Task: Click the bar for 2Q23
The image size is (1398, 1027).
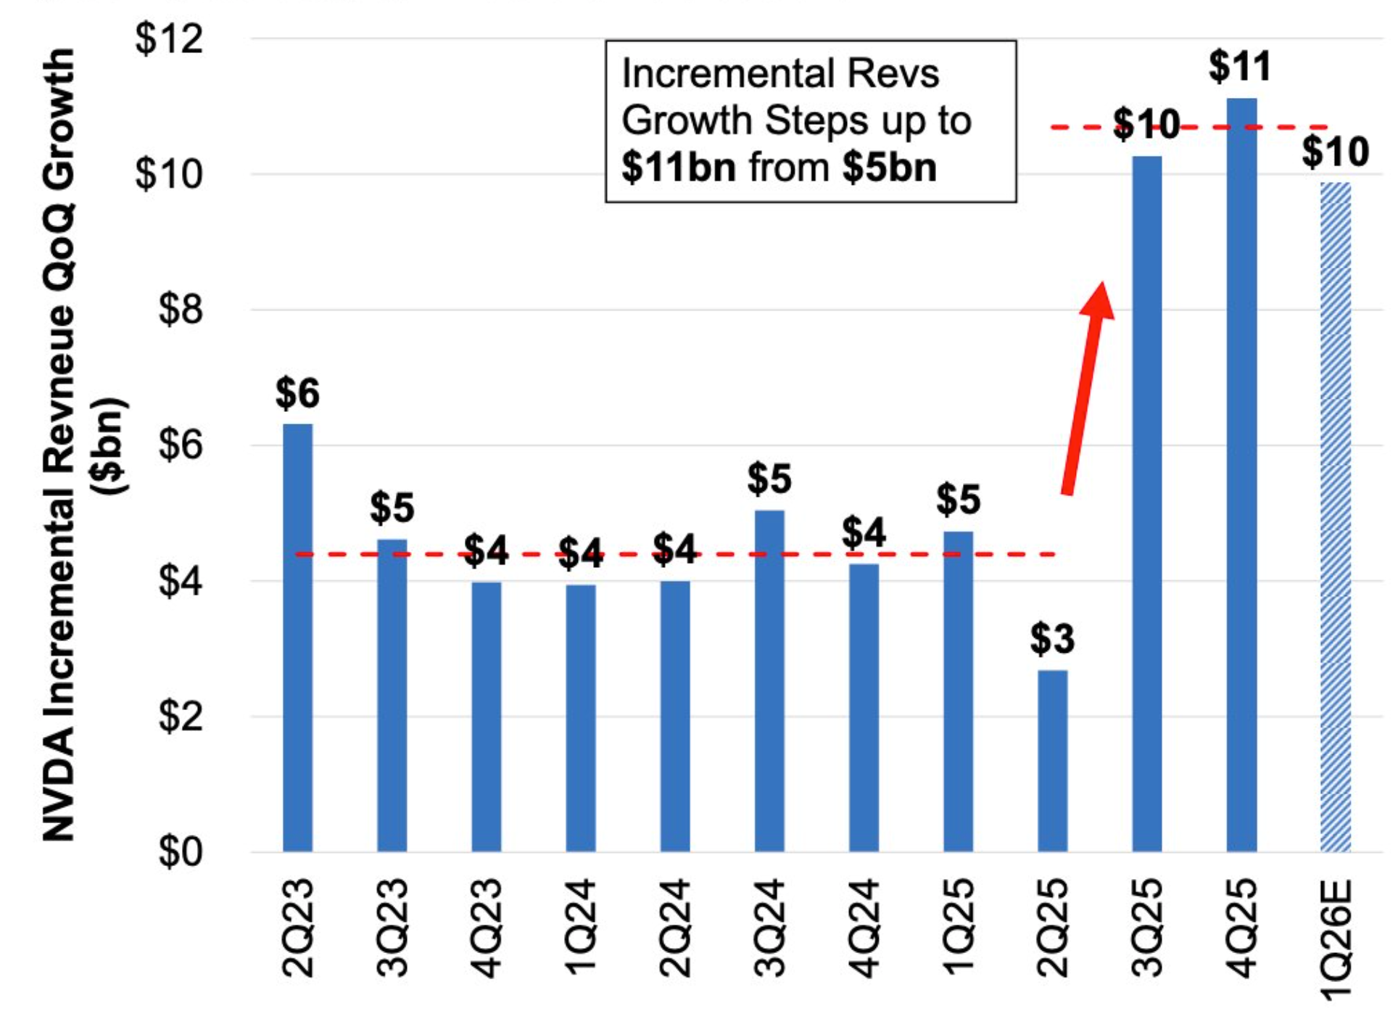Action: pyautogui.click(x=297, y=638)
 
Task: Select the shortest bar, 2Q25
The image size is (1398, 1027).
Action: pyautogui.click(x=1052, y=762)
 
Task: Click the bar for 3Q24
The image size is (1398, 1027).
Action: pyautogui.click(x=769, y=682)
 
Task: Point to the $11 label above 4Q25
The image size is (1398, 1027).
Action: pyautogui.click(x=1240, y=67)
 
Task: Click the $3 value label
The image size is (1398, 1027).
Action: pyautogui.click(x=1052, y=640)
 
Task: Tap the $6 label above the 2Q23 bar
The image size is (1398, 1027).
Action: pyautogui.click(x=297, y=394)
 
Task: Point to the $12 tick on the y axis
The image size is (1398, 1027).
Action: pyautogui.click(x=168, y=39)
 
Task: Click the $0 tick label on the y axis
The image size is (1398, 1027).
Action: pyautogui.click(x=180, y=851)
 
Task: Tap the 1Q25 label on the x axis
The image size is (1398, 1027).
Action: pyautogui.click(x=959, y=928)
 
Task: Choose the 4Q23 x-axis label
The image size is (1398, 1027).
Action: pyautogui.click(x=487, y=928)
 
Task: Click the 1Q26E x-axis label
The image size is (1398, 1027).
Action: pyautogui.click(x=1336, y=939)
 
